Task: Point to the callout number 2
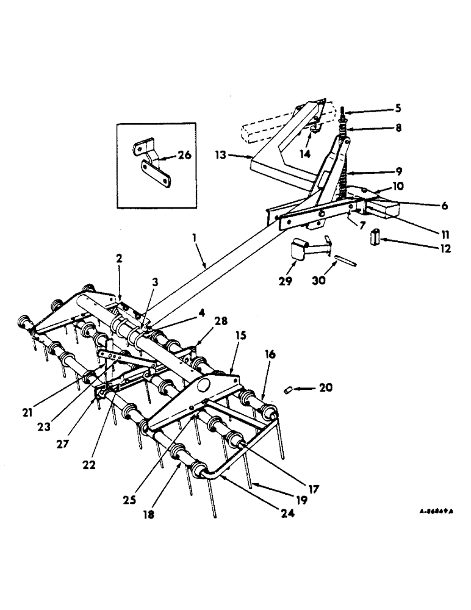120,259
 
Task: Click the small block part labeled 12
375,236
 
